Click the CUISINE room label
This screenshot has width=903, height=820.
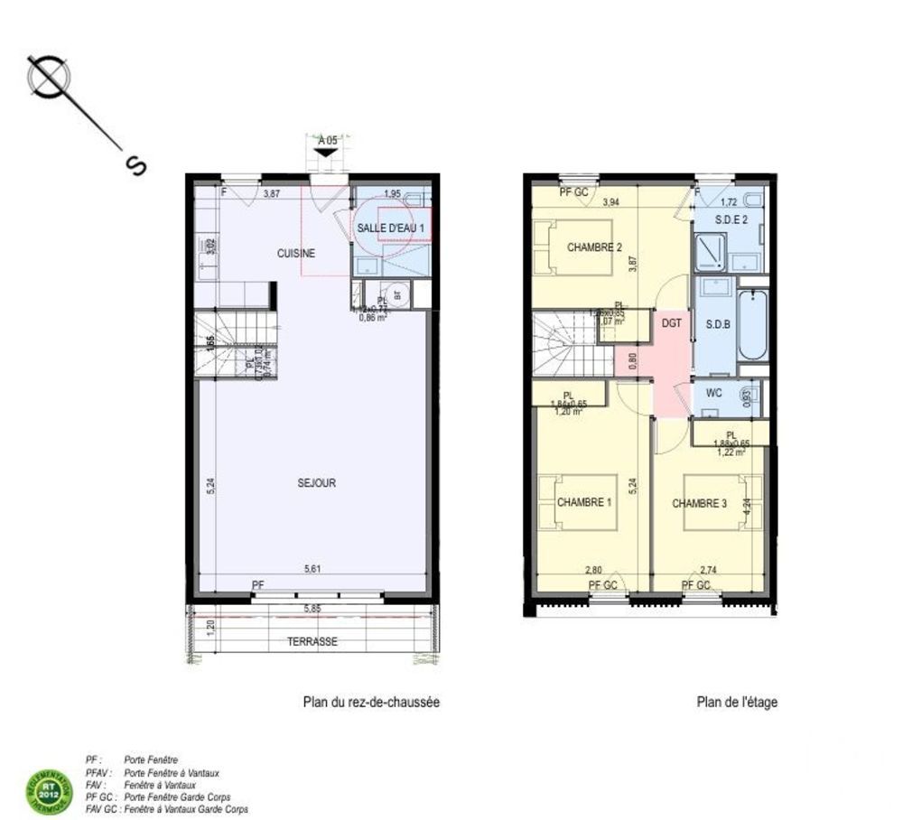tap(296, 253)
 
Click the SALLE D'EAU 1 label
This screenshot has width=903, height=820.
tap(390, 229)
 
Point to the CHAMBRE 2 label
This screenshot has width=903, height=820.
tap(595, 247)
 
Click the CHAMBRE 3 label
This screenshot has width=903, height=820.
tap(700, 503)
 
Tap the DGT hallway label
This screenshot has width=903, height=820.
tap(670, 322)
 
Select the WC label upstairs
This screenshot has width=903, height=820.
tap(713, 393)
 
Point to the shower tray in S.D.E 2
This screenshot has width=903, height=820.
tap(710, 253)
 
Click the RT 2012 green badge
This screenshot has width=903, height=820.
tap(46, 789)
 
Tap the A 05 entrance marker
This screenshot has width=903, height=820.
tap(327, 141)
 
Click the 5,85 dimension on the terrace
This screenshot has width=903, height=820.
tap(313, 609)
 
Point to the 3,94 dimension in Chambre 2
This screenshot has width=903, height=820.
tap(611, 202)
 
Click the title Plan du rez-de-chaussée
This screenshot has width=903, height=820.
tap(370, 702)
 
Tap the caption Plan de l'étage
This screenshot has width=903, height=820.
tap(736, 702)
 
